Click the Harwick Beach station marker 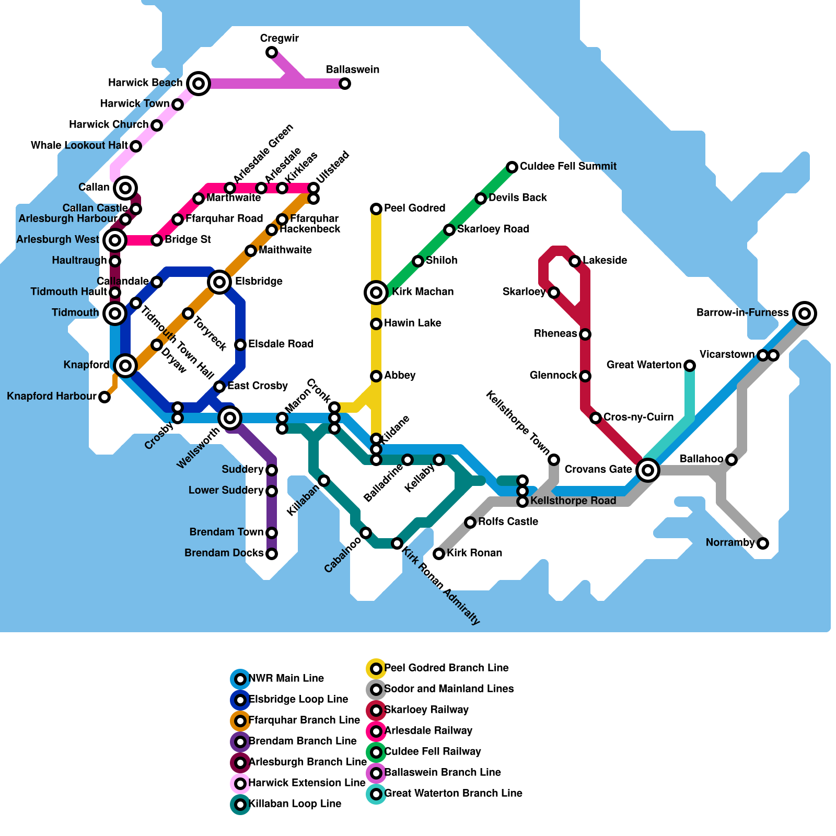[x=199, y=83]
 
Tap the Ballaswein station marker [x=345, y=84]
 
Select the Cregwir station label [x=279, y=39]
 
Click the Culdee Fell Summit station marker [x=512, y=167]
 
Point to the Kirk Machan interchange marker [x=376, y=293]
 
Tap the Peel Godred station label [x=414, y=208]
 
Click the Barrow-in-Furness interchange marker [x=805, y=313]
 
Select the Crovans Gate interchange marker [x=648, y=470]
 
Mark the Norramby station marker [x=763, y=543]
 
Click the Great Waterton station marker [x=690, y=366]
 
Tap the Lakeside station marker [x=575, y=261]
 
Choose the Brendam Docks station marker [x=272, y=554]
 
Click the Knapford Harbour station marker [x=104, y=397]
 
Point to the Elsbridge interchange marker [x=219, y=282]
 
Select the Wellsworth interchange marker [x=230, y=417]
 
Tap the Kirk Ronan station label [x=474, y=553]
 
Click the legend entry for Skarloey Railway [x=426, y=710]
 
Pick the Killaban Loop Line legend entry [x=295, y=804]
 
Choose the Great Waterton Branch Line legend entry [x=452, y=794]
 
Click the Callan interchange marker [x=125, y=188]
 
